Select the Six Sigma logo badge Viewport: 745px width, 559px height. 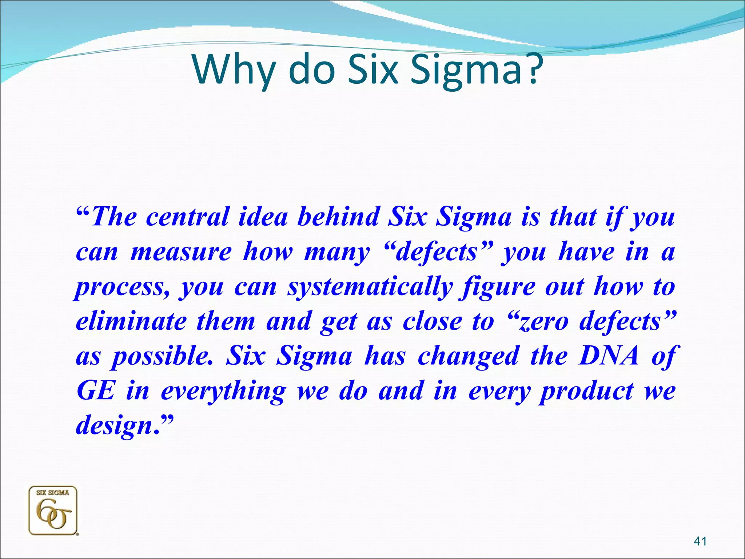53,511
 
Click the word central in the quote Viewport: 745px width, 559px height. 187,217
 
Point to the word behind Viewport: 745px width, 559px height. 338,217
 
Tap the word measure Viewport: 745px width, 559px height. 181,252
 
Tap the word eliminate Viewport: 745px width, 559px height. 131,322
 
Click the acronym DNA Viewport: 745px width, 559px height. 609,356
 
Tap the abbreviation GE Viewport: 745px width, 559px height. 96,391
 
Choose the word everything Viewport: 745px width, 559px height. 223,392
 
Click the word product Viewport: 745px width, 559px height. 587,392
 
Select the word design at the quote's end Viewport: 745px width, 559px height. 113,426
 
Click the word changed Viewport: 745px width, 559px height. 468,357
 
